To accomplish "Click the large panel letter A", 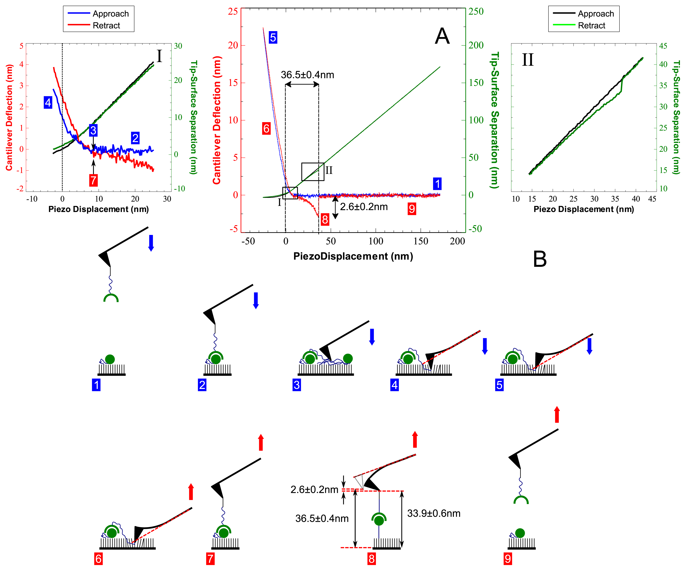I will [x=442, y=36].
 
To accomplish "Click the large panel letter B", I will [x=540, y=259].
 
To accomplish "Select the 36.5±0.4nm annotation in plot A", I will [x=307, y=75].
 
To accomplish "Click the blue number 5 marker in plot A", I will [x=273, y=38].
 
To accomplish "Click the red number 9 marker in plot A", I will [x=412, y=208].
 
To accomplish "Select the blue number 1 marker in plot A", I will [x=437, y=184].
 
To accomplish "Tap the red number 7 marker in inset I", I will [x=94, y=180].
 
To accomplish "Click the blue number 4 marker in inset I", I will [x=48, y=103].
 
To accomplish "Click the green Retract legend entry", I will [x=591, y=25].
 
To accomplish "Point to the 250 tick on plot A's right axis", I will [x=476, y=11].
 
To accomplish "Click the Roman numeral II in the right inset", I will [x=528, y=60].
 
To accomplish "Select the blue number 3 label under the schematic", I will [x=296, y=385].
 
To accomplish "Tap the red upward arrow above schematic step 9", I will [x=557, y=414].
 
